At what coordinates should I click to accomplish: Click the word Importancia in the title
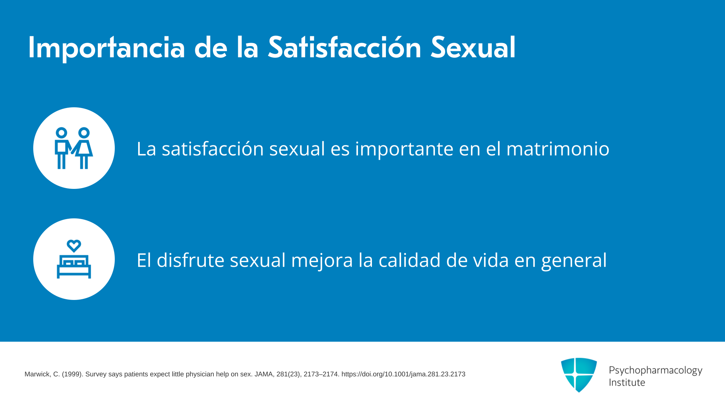click(107, 48)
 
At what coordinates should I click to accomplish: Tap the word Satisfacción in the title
click(344, 47)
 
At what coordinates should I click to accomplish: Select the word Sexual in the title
click(473, 47)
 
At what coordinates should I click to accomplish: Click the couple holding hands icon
click(74, 148)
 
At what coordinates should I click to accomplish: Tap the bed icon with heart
click(74, 259)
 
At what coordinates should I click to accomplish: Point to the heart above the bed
click(74, 246)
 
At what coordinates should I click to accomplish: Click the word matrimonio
click(558, 148)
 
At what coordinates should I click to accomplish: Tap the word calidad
click(410, 260)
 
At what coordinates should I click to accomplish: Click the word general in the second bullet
click(574, 261)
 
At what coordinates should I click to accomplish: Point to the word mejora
click(322, 261)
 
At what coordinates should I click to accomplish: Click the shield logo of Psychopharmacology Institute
click(579, 375)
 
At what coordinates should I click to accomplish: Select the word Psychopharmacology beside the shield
click(656, 371)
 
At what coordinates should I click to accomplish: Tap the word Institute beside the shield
click(627, 382)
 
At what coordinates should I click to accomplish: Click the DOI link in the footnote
click(403, 374)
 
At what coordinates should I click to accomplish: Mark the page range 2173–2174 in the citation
click(321, 374)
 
